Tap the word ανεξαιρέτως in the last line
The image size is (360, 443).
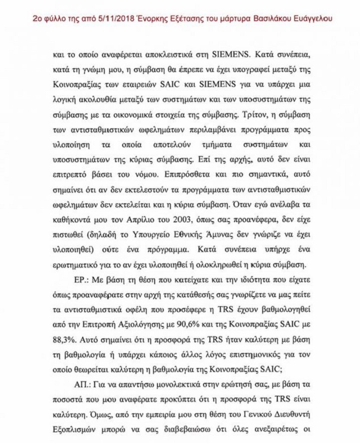279,429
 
